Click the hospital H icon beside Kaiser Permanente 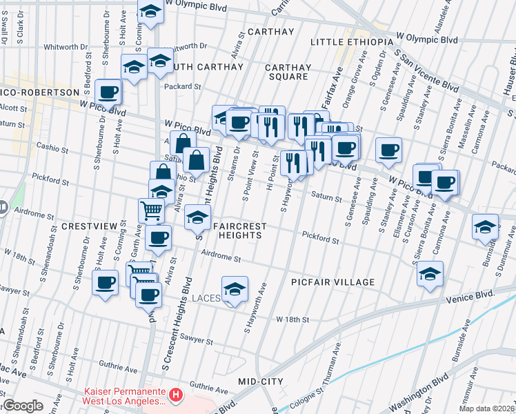pos(177,395)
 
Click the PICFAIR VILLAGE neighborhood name pos(333,282)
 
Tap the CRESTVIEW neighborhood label pos(86,226)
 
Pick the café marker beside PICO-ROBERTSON pos(108,91)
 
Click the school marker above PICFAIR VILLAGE pos(430,274)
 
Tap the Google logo pos(23,406)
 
